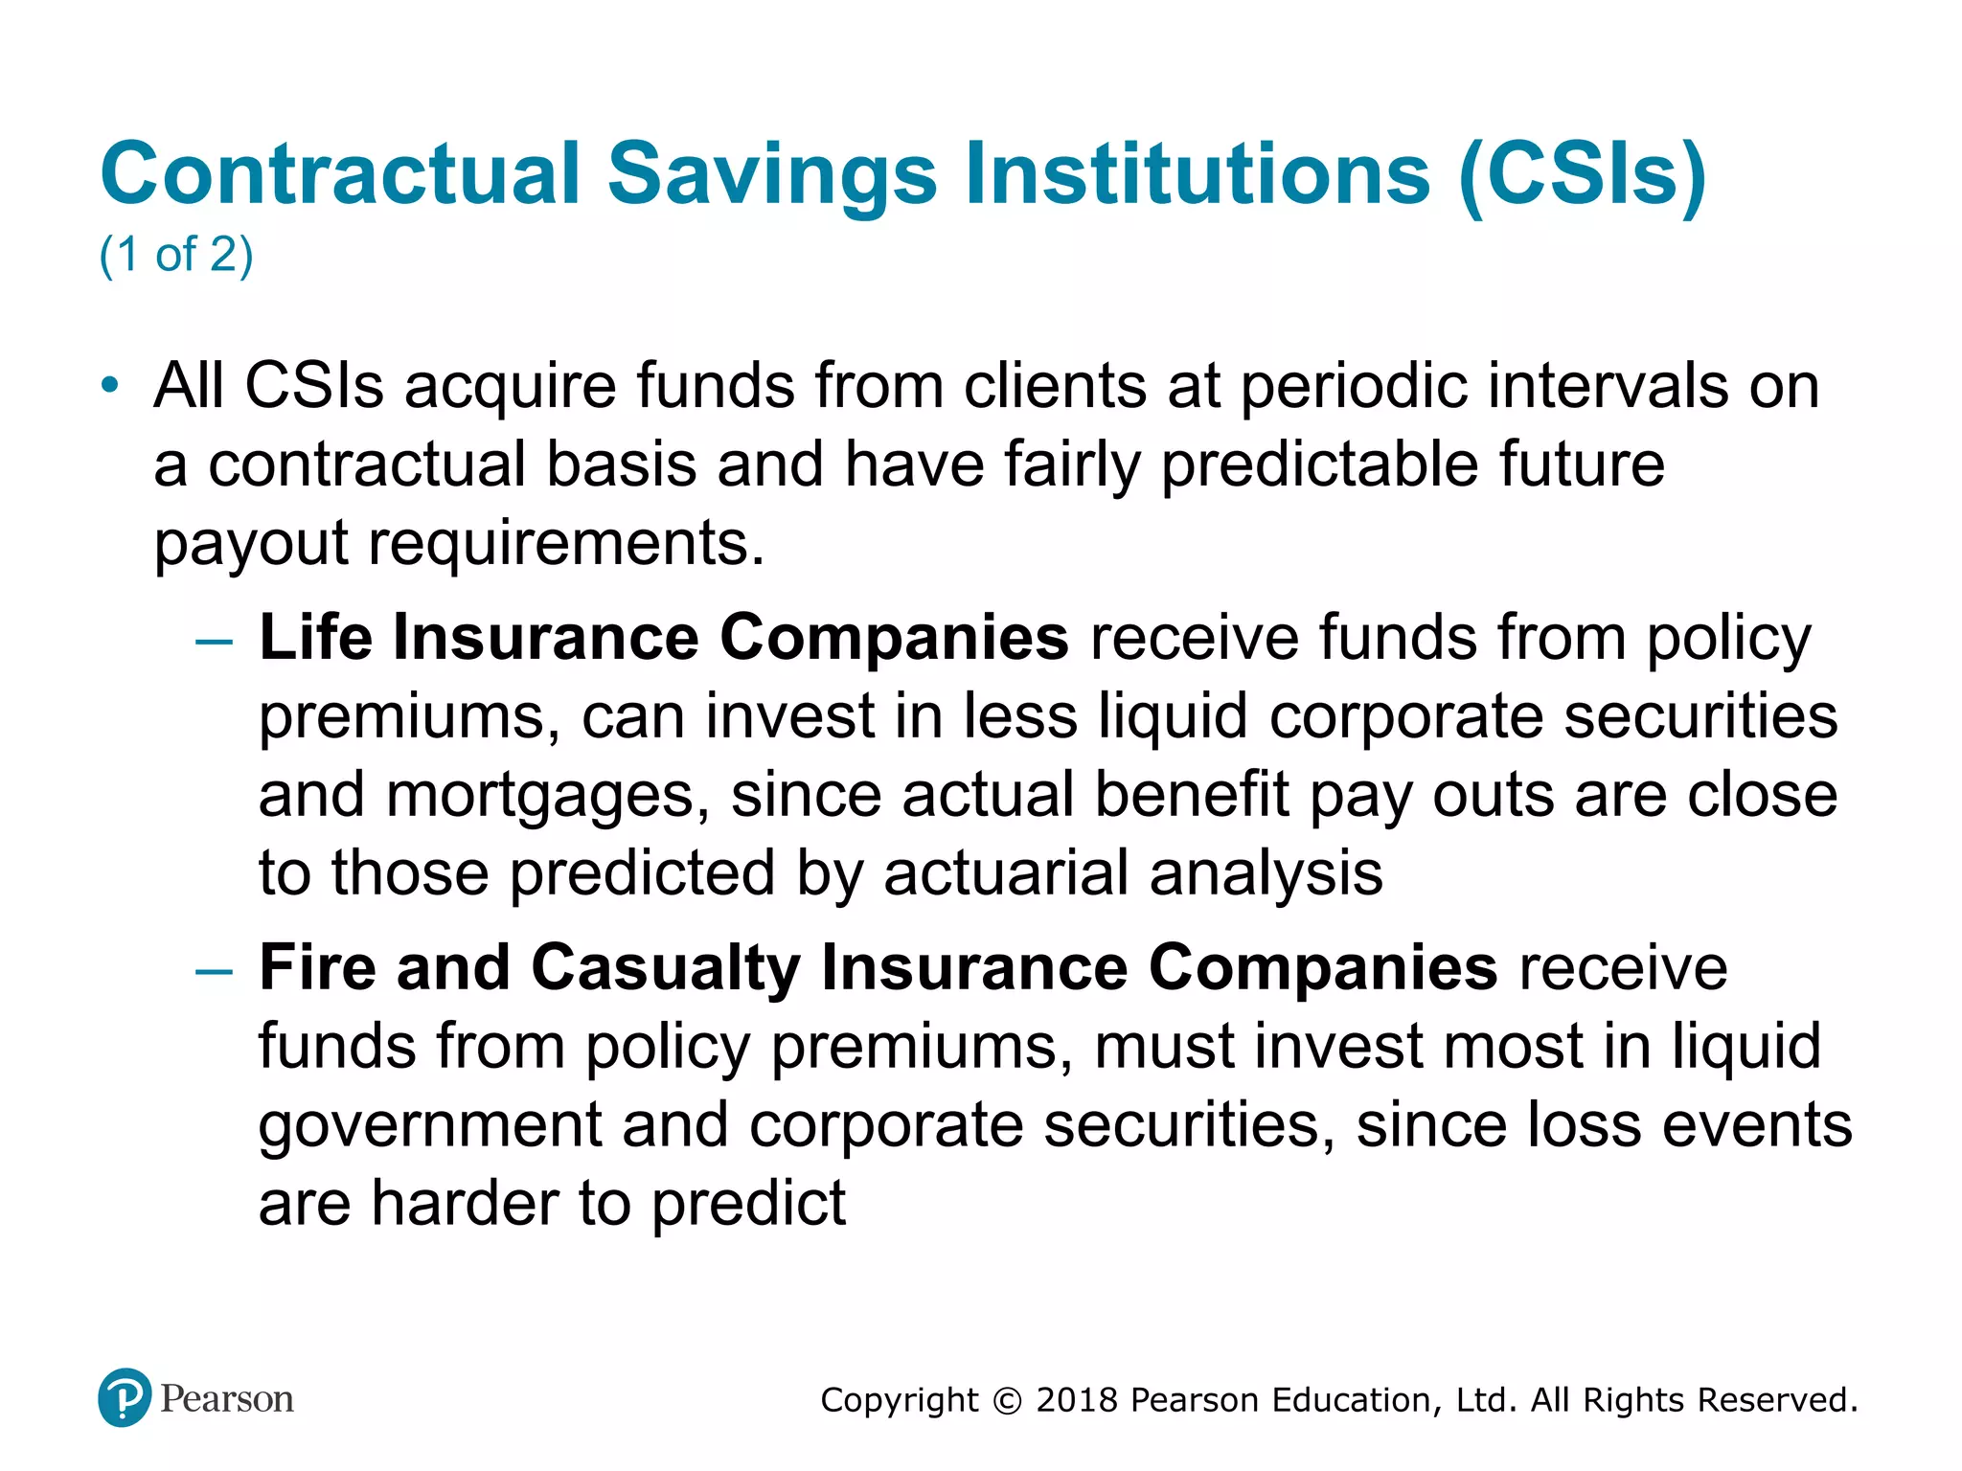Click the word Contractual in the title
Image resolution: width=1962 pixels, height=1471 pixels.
(340, 174)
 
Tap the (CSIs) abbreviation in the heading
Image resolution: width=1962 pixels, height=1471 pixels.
(1582, 174)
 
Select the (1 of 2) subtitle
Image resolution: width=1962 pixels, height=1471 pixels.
(176, 255)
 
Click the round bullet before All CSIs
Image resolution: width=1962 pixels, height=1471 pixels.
(111, 386)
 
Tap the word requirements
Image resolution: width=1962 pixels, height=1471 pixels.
(565, 544)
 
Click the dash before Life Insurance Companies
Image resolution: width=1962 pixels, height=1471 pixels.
(213, 641)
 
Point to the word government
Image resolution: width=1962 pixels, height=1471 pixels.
(429, 1126)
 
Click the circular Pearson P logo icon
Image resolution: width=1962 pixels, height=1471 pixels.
(125, 1398)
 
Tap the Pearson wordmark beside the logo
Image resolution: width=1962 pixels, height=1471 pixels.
(227, 1399)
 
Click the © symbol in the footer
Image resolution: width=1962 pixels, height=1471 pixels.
(1007, 1401)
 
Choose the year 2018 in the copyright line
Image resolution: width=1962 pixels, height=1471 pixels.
(1077, 1400)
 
